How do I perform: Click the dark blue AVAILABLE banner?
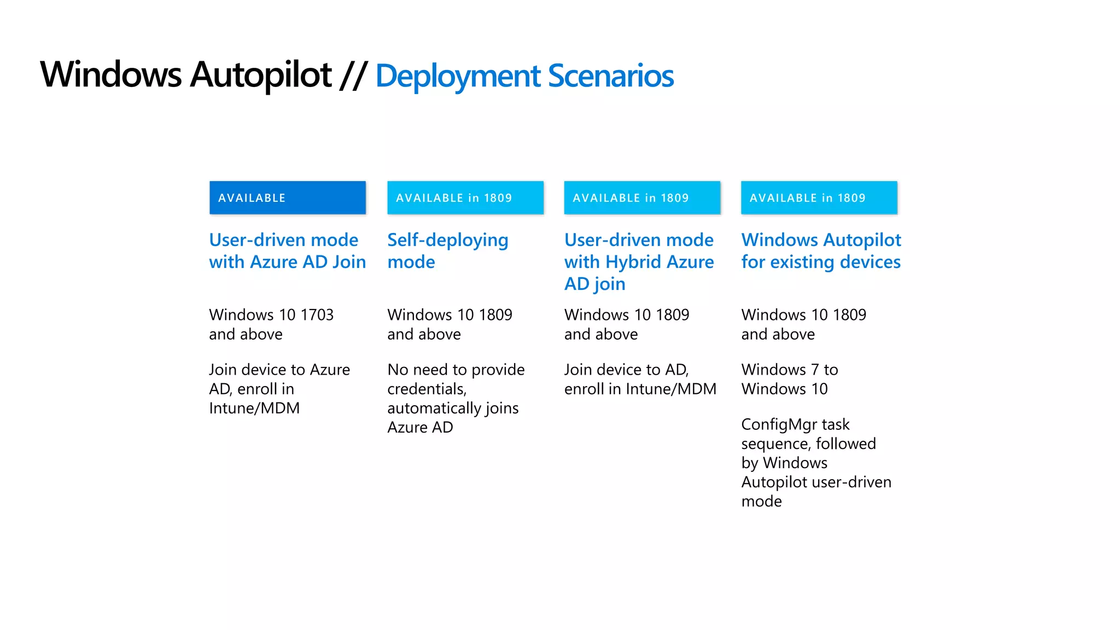tap(287, 197)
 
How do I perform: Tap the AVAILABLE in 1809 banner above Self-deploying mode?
tap(465, 197)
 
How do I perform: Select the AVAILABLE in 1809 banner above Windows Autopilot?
tap(819, 197)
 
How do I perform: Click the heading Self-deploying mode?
tap(447, 250)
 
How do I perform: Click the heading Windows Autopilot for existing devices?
tap(820, 250)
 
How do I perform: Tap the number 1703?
tap(317, 315)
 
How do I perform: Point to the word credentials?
tap(427, 389)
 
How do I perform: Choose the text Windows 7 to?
tap(789, 370)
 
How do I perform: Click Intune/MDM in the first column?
tap(254, 409)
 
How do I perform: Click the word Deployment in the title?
tap(458, 75)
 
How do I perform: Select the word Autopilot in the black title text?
tap(261, 75)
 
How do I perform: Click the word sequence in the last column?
tap(775, 444)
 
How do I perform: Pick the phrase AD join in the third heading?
tap(594, 284)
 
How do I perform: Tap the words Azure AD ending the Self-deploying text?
tap(420, 428)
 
